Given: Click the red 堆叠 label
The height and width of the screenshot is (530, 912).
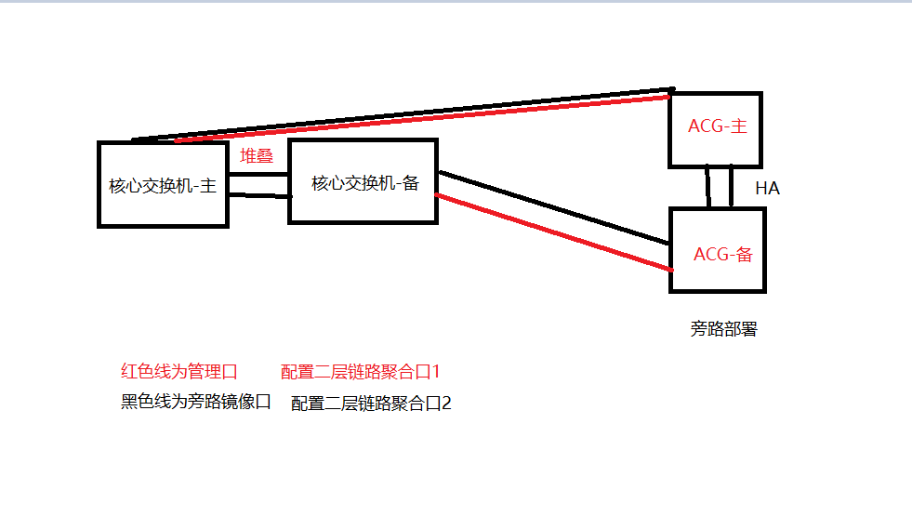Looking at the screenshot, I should (x=257, y=156).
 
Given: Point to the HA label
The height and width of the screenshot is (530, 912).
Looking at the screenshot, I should (x=767, y=189).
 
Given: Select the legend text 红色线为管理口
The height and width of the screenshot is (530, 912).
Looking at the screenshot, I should (x=179, y=372).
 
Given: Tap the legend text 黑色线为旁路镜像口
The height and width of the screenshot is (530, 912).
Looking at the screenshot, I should (x=196, y=402).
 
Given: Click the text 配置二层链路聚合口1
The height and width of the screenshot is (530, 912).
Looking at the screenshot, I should (x=360, y=372).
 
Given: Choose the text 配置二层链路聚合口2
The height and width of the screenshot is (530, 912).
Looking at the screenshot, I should (x=371, y=404).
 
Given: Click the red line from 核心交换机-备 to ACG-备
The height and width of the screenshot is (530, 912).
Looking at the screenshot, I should (x=553, y=232).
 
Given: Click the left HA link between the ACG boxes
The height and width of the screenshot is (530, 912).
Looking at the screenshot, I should (x=708, y=187).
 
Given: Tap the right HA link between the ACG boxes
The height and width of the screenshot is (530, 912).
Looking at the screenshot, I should (x=732, y=187).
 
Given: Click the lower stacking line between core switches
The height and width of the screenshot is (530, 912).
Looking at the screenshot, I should (x=258, y=195).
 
